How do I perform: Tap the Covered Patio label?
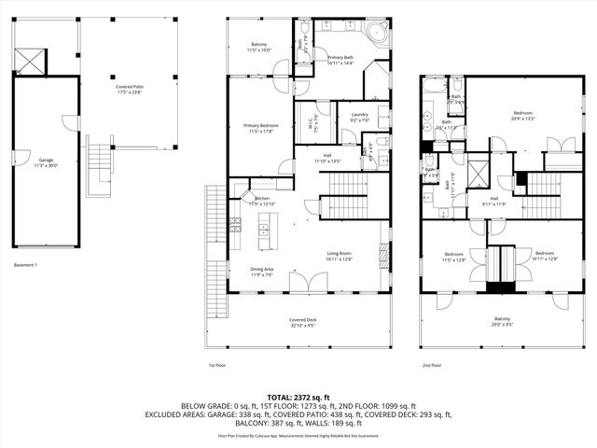point(129,88)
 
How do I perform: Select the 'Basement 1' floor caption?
point(25,265)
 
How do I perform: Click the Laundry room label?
point(359,116)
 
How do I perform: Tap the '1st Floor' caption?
point(216,366)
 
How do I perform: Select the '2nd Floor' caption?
point(431,366)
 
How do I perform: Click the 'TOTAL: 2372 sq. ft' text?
point(298,396)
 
